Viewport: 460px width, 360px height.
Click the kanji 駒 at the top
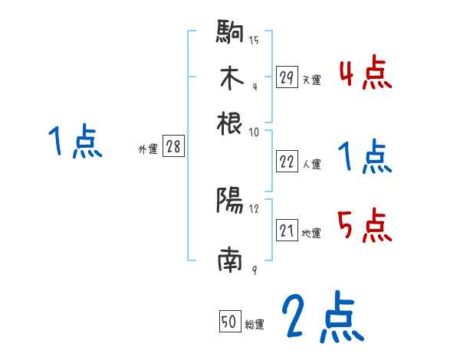(230, 33)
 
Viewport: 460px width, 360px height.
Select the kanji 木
(230, 77)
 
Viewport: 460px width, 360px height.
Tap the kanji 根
(230, 122)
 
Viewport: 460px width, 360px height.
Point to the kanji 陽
(230, 201)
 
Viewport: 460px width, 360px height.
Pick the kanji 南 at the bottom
(230, 261)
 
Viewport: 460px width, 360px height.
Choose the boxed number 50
(229, 322)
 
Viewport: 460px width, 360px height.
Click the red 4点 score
(365, 74)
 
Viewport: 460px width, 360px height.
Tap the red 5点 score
(365, 226)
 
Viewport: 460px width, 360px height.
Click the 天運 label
(311, 80)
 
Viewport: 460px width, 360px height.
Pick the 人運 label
(311, 164)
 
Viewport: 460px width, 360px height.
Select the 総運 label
(255, 325)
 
